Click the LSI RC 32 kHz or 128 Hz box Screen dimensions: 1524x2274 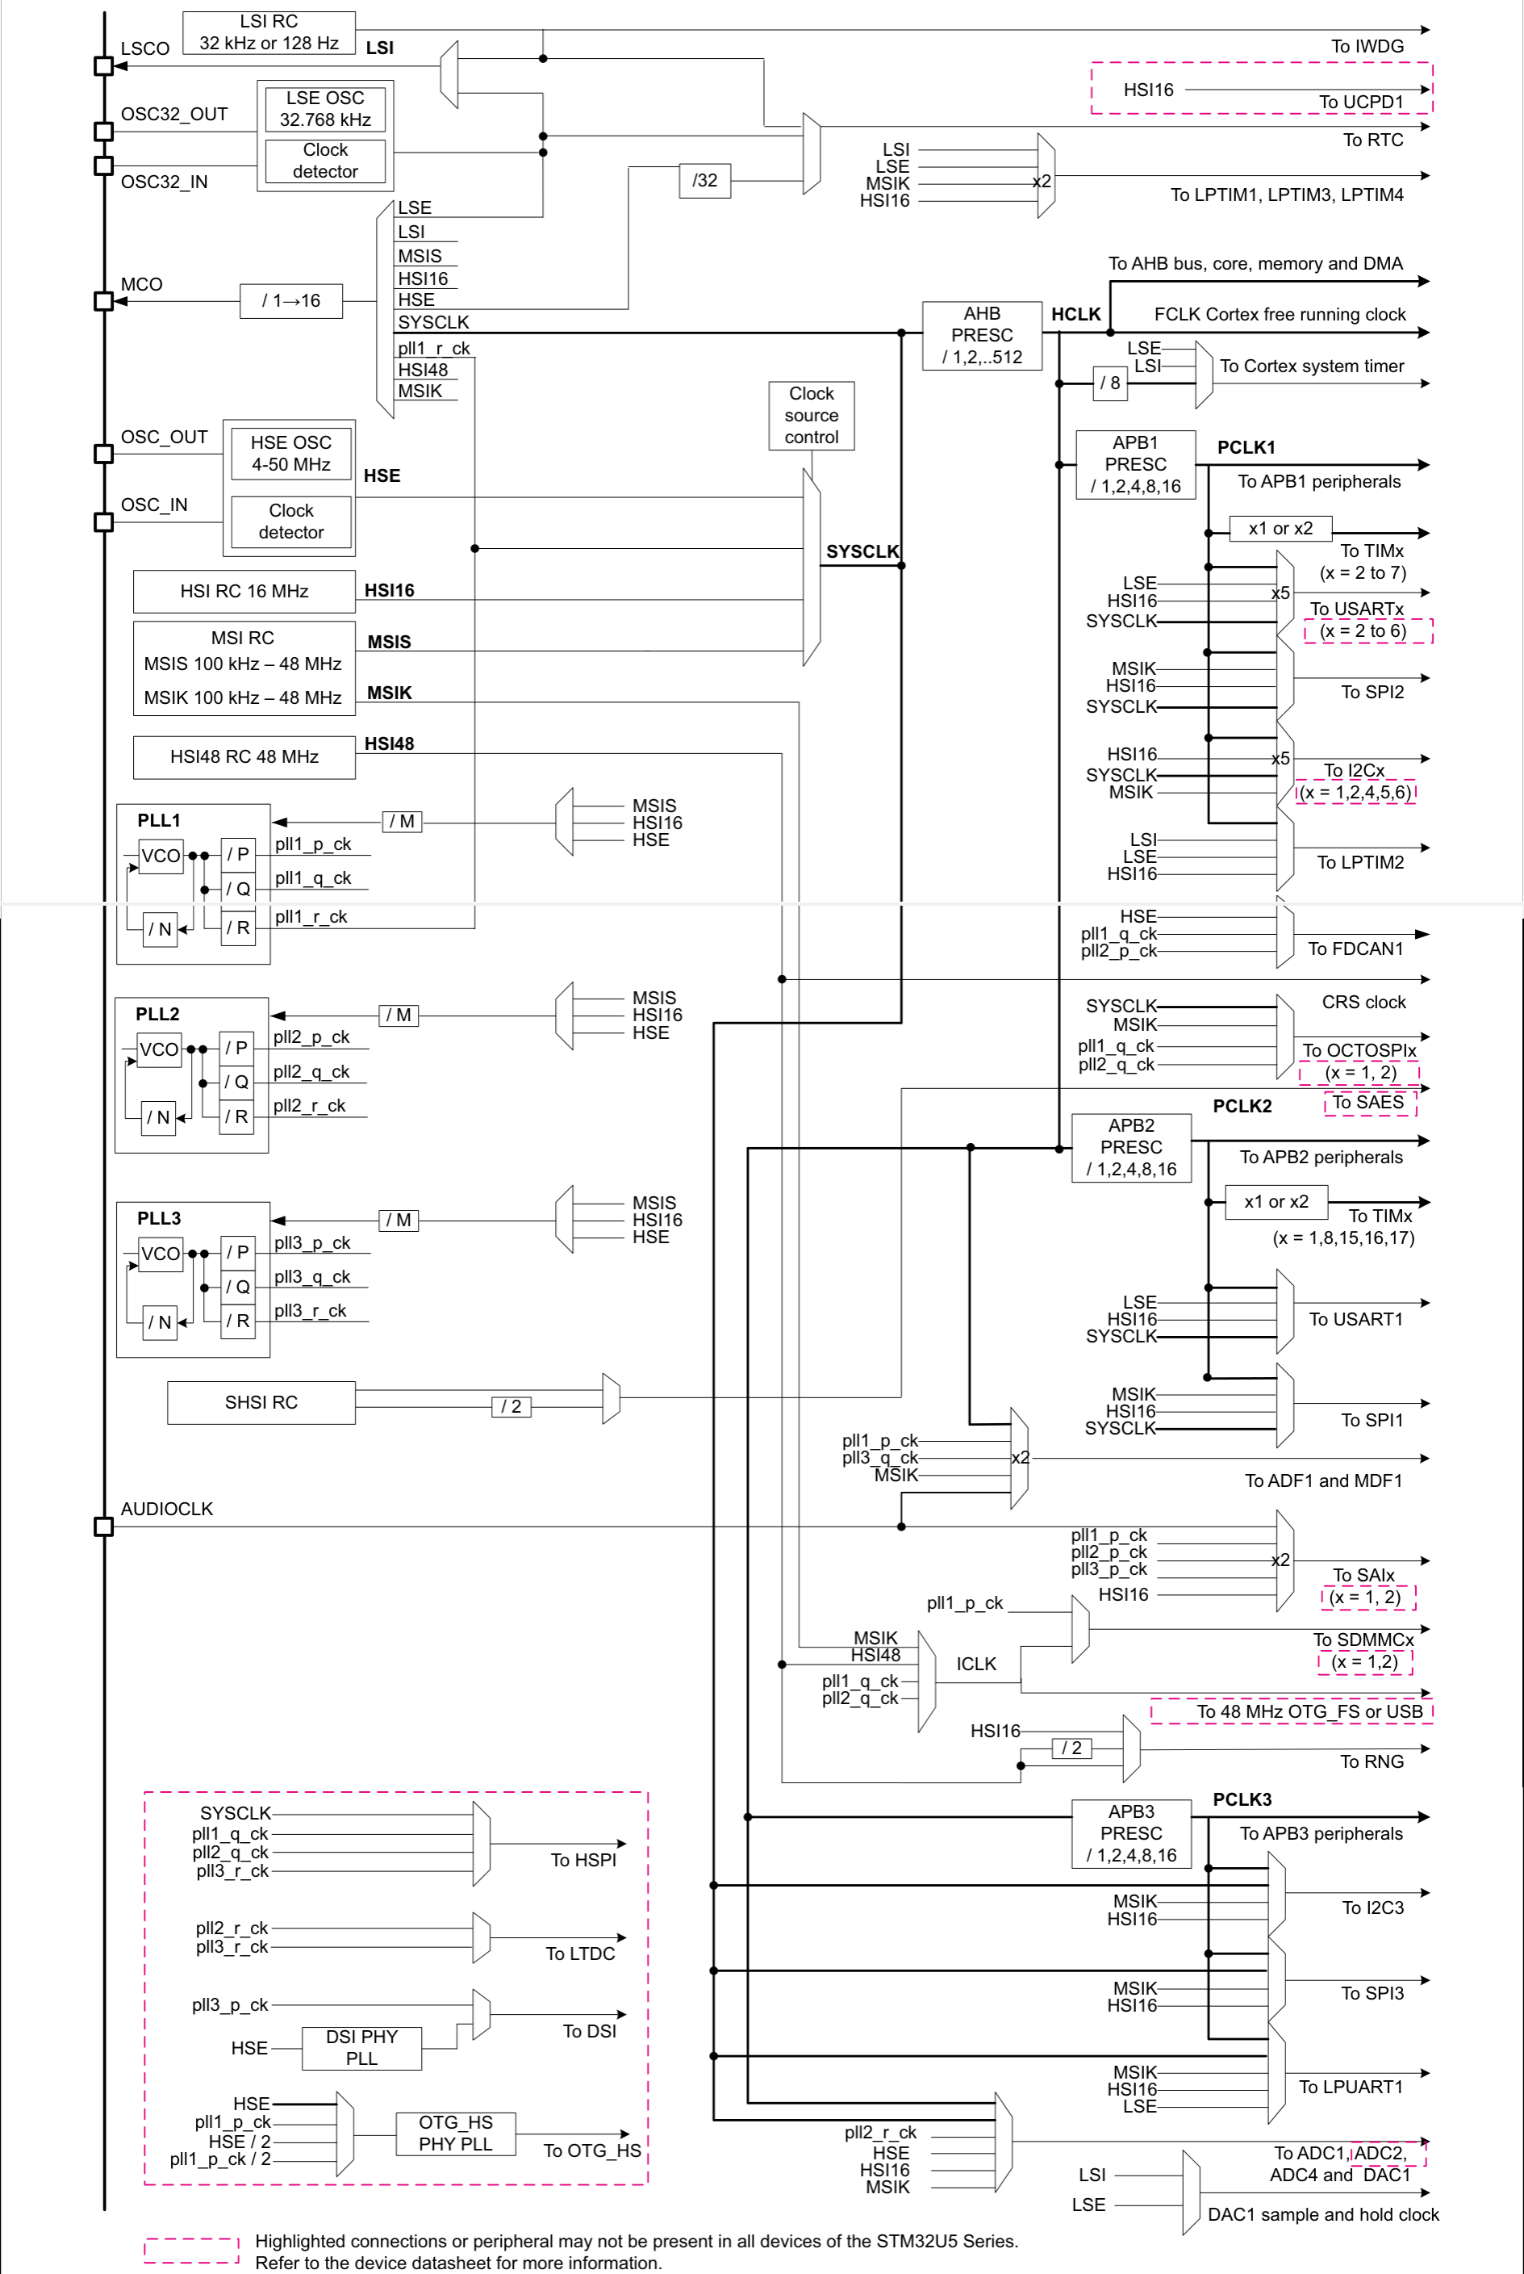click(x=269, y=32)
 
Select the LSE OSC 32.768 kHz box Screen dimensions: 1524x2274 click(x=326, y=109)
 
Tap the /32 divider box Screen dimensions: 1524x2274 click(x=704, y=181)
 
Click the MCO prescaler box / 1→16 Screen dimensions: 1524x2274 click(x=291, y=301)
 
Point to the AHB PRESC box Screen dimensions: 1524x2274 click(x=982, y=336)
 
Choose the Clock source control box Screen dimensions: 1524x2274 click(x=812, y=416)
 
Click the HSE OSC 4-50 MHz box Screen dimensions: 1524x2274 click(x=291, y=454)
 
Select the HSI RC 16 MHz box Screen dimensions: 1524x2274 click(x=244, y=591)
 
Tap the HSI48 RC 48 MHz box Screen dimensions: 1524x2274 click(x=244, y=757)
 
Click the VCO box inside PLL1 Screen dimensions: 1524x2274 click(x=161, y=856)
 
